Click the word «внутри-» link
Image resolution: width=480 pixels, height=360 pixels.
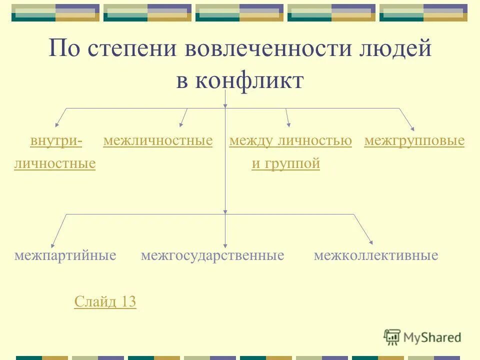click(x=56, y=141)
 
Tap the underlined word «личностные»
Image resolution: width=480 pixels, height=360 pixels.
click(x=55, y=163)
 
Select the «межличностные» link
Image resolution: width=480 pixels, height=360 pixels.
click(x=158, y=141)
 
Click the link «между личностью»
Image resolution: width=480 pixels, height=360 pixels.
click(x=290, y=141)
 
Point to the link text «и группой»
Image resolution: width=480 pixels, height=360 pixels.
click(x=285, y=163)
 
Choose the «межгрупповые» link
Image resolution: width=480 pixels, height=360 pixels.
click(x=414, y=141)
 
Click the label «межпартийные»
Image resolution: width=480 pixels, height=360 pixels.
click(x=65, y=256)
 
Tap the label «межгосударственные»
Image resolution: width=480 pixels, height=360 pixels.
click(x=212, y=256)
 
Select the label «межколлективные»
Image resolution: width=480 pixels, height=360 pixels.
click(x=376, y=256)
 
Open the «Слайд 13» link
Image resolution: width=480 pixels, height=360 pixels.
click(x=105, y=301)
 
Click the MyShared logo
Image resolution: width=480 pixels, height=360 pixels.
click(x=423, y=337)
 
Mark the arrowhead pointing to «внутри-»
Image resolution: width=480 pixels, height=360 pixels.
click(x=57, y=123)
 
